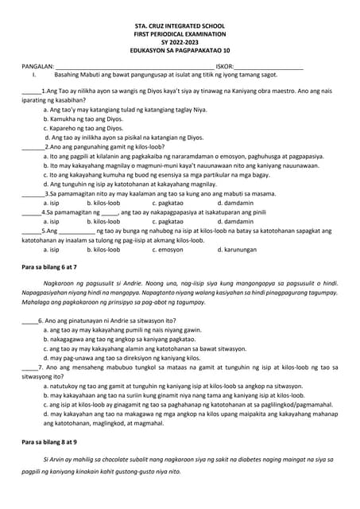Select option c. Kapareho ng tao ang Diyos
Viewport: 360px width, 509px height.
pos(83,128)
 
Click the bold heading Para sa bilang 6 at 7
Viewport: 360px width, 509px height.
pos(48,267)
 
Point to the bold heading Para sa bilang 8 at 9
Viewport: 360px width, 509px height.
pos(48,441)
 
